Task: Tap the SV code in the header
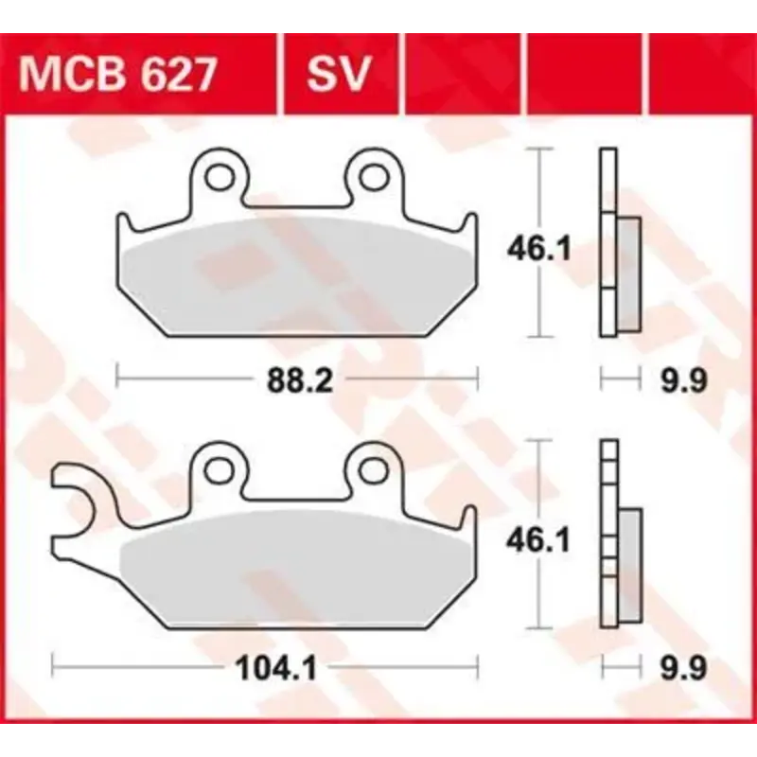tap(338, 75)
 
